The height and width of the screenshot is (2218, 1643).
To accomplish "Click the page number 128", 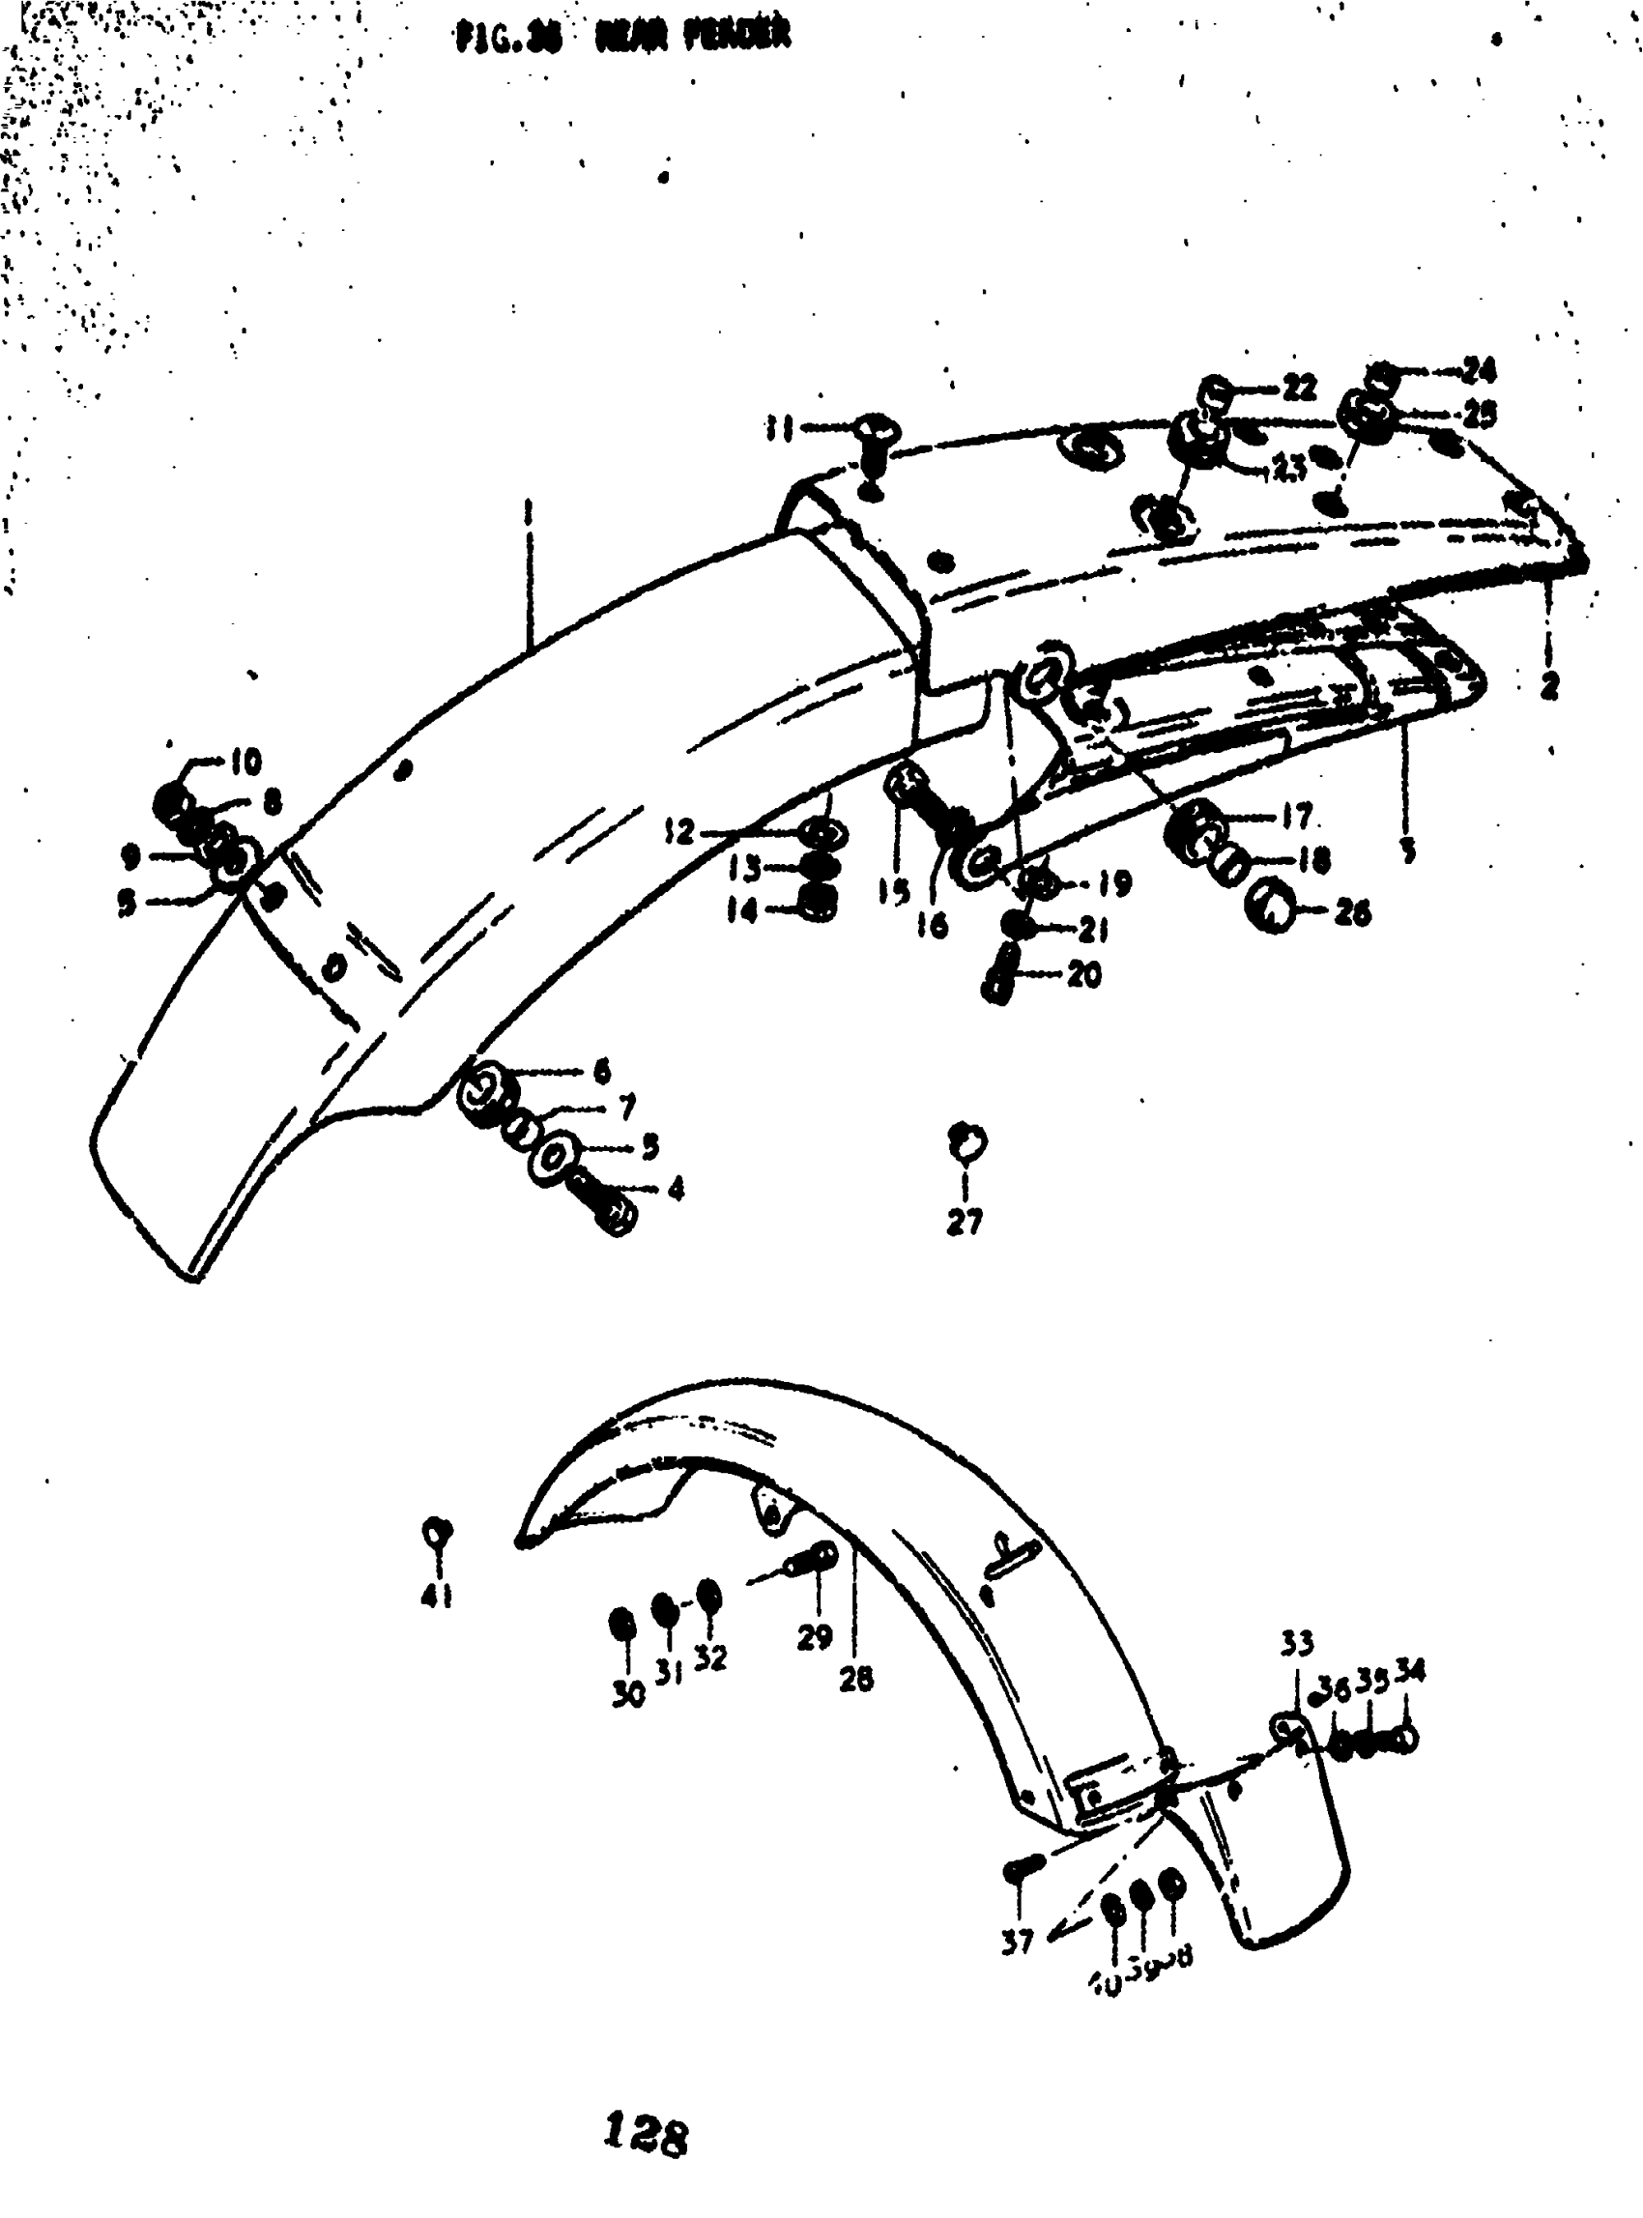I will (645, 2134).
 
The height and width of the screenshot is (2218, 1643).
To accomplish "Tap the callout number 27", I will (964, 1223).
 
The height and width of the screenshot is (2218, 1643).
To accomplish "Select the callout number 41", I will (437, 1598).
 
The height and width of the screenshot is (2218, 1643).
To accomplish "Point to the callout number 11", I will (778, 429).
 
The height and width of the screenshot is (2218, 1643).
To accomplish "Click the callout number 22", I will (1298, 387).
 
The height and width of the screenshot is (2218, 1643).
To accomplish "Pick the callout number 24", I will (1478, 371).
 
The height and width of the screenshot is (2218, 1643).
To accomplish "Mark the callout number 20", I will (1084, 974).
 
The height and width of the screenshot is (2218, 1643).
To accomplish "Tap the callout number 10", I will (245, 762).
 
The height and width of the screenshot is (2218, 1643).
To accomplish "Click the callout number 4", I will (676, 1188).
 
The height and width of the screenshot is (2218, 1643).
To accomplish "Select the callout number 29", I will (815, 1637).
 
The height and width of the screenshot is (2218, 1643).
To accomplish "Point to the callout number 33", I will (1296, 1643).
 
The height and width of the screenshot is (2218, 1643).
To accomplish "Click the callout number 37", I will (1018, 1940).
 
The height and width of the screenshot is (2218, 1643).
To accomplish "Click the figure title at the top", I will (623, 37).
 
